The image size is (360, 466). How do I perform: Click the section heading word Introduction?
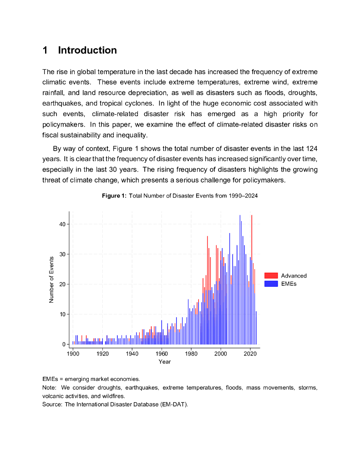(x=87, y=51)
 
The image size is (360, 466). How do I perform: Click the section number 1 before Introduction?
(x=46, y=51)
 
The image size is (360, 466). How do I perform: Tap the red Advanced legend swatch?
(x=271, y=276)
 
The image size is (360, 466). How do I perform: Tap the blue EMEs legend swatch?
(x=271, y=284)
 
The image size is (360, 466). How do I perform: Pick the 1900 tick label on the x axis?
(x=73, y=354)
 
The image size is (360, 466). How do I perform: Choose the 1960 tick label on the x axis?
(x=162, y=354)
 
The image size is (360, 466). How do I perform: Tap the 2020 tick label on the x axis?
(x=250, y=354)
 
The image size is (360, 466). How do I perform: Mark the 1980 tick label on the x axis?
(x=191, y=354)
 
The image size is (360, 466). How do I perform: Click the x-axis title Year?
(x=165, y=362)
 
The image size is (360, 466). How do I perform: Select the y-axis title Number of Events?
(x=51, y=280)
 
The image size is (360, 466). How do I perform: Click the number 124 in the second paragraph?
(x=312, y=149)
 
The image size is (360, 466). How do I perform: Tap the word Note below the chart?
(x=49, y=388)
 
